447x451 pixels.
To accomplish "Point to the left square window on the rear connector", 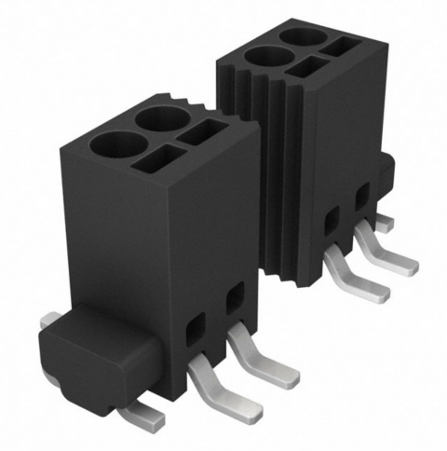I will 332,221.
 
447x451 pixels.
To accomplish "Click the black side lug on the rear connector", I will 385,172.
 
